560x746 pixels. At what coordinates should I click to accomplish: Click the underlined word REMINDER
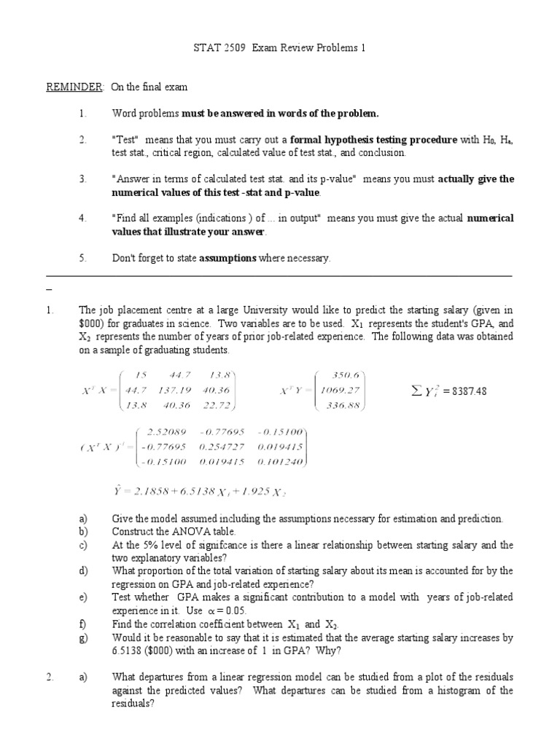click(x=74, y=87)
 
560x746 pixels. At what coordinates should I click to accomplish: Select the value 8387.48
click(x=470, y=391)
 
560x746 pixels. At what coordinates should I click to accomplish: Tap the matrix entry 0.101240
click(x=281, y=461)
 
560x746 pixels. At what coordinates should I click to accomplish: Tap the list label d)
click(x=82, y=570)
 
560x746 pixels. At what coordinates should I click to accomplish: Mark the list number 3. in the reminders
click(x=82, y=178)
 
